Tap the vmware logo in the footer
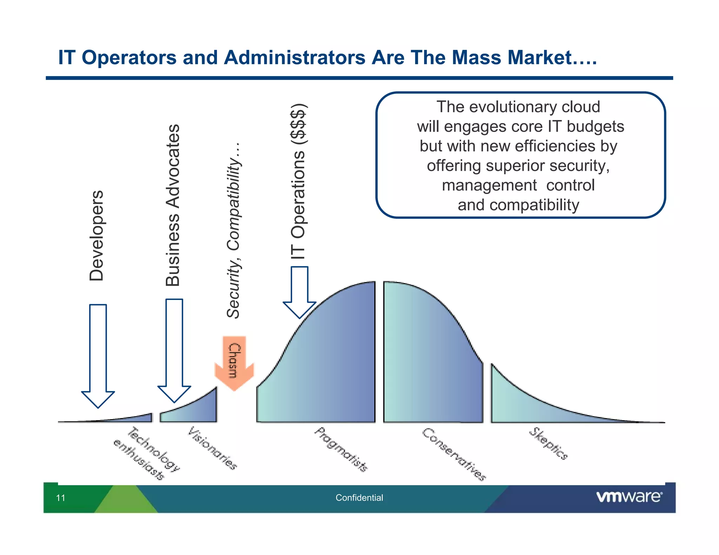click(x=629, y=497)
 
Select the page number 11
click(x=61, y=498)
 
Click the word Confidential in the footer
click(x=359, y=498)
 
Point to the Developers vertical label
click(x=96, y=236)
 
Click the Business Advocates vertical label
click(x=173, y=205)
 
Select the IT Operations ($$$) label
click(x=298, y=182)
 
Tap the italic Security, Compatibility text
click(x=233, y=230)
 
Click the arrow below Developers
click(x=98, y=354)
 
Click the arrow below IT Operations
click(x=299, y=291)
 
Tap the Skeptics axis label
click(x=548, y=443)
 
